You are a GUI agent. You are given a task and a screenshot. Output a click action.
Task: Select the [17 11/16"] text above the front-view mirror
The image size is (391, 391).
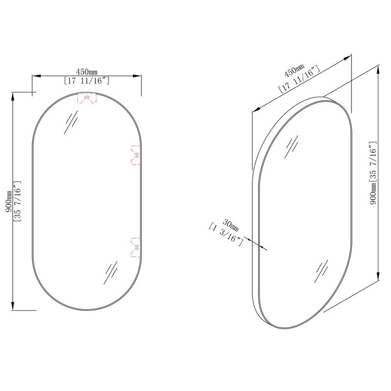tap(87, 81)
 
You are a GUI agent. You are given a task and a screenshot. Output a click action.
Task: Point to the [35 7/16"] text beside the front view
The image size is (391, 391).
tap(17, 202)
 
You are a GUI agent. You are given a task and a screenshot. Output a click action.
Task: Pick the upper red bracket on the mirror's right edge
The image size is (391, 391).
tap(136, 154)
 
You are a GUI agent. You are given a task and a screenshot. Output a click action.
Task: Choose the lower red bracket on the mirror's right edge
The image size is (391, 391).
tap(136, 247)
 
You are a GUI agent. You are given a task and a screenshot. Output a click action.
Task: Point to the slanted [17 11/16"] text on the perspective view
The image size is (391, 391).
tap(299, 79)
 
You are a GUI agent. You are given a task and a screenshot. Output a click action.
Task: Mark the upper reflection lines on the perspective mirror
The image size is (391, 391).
tap(292, 145)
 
